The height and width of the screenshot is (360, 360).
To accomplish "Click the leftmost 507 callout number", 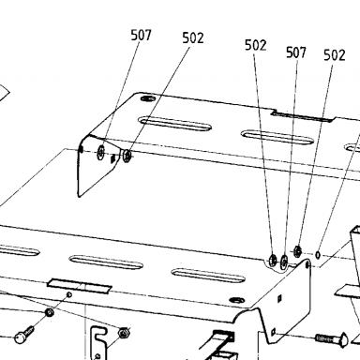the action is click(141, 35).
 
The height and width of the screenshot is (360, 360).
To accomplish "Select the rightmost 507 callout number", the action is click(296, 52).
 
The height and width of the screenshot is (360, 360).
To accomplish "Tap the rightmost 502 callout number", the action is click(335, 55).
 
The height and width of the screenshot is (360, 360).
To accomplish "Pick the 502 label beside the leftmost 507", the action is click(193, 38).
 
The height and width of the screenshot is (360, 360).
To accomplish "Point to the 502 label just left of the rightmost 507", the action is click(256, 45).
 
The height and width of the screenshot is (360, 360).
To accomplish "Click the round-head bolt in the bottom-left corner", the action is click(24, 335).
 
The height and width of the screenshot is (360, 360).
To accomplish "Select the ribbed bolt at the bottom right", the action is click(332, 339).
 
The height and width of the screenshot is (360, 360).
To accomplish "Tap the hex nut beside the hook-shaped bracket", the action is click(124, 332).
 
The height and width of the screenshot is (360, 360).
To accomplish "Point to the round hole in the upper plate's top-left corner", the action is click(148, 98).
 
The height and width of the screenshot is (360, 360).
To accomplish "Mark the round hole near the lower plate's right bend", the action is click(237, 300).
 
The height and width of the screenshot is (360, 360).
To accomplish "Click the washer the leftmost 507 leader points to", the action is click(101, 153).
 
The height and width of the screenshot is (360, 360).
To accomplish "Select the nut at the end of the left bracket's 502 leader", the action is click(127, 156).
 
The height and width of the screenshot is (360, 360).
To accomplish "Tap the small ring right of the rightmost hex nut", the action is click(318, 255).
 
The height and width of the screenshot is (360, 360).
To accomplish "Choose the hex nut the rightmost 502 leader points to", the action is click(297, 250).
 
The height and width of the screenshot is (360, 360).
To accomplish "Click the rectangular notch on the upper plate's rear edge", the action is click(302, 116).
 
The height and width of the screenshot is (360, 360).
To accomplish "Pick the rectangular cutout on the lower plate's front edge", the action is click(80, 286).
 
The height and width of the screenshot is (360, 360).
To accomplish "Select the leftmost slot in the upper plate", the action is click(174, 124).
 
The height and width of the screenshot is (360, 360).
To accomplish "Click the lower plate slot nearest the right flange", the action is click(208, 276).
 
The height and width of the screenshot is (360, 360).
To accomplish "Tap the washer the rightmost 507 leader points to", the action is click(284, 262).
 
